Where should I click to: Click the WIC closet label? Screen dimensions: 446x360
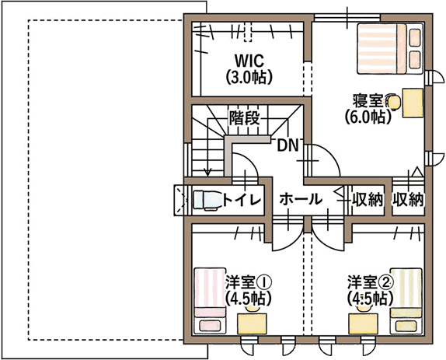click(249, 61)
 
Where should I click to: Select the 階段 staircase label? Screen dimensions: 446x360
click(245, 117)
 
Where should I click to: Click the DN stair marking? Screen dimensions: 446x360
click(287, 145)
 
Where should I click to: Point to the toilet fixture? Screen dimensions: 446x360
click(207, 201)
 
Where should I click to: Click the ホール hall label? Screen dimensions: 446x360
click(301, 199)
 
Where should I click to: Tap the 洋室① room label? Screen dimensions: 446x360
click(249, 282)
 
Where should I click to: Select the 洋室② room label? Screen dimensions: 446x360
click(371, 282)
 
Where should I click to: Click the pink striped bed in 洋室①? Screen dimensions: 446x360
click(210, 301)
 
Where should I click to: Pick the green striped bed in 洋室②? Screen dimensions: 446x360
click(406, 301)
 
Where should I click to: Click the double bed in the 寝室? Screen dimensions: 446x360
click(390, 49)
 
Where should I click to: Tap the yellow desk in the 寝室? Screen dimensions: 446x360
click(413, 103)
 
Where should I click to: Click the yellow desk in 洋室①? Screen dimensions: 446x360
click(252, 323)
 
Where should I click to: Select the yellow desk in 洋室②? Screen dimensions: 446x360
click(363, 323)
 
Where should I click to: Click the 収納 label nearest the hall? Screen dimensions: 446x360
click(368, 200)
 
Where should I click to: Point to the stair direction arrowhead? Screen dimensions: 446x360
click(208, 173)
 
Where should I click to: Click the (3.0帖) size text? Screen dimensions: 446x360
click(249, 76)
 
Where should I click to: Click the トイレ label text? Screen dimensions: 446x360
click(242, 200)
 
